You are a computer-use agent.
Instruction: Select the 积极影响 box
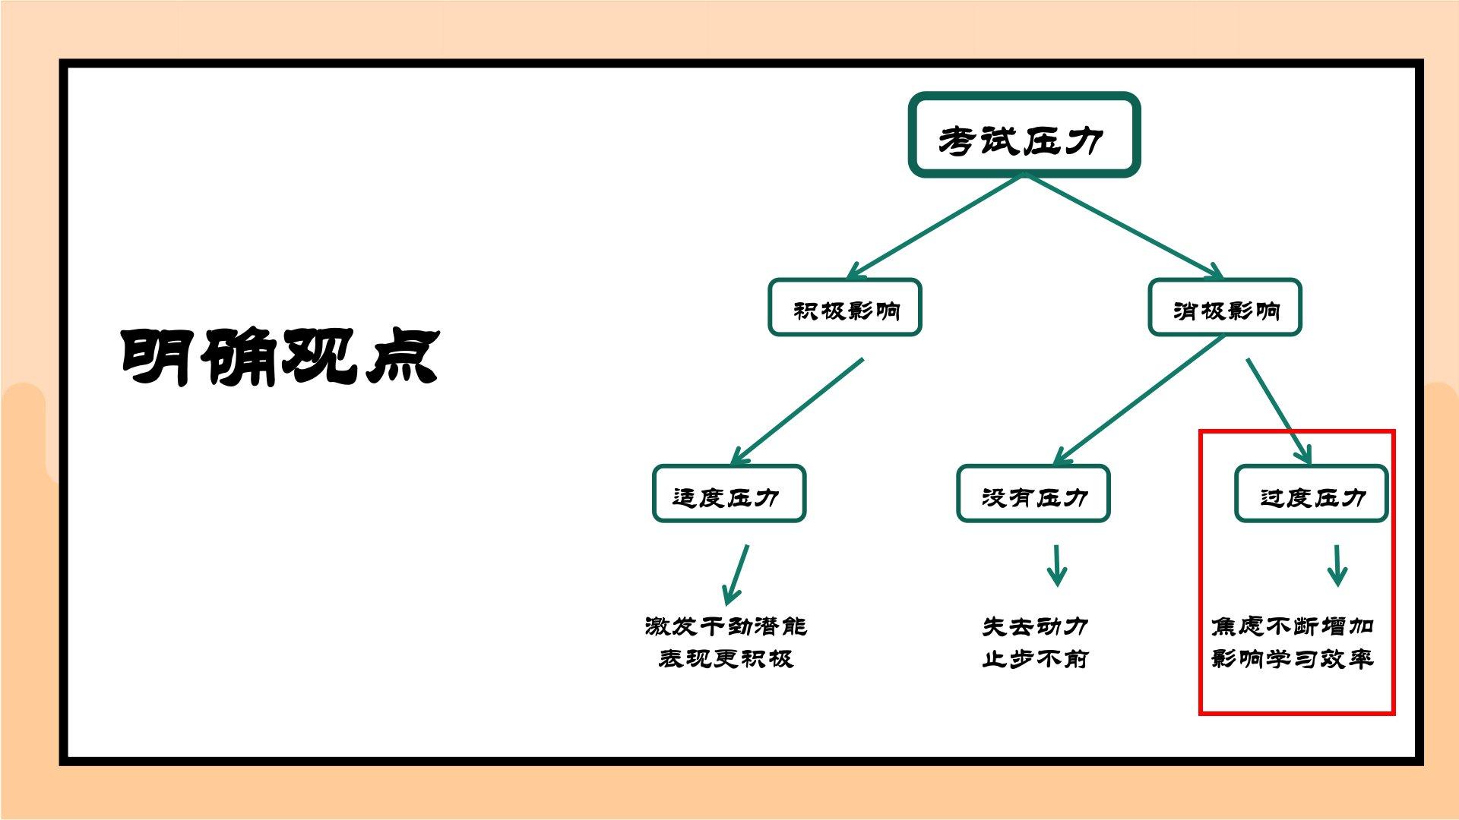(x=845, y=307)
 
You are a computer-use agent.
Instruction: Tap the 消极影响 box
(x=1225, y=307)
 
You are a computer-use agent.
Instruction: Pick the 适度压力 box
(x=729, y=494)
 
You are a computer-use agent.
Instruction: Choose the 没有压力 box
(x=1033, y=494)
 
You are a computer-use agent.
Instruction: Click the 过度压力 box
(x=1312, y=494)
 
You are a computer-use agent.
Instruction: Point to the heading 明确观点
(x=280, y=357)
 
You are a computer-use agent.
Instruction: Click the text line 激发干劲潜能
(x=726, y=626)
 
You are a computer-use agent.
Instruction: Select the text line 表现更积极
(x=726, y=658)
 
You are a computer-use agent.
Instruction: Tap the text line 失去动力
(x=1035, y=626)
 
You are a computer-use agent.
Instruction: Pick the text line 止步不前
(x=1035, y=658)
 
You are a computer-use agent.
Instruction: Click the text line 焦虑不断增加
(x=1292, y=626)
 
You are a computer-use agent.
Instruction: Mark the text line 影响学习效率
(x=1292, y=658)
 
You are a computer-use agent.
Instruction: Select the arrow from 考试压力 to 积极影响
(x=936, y=225)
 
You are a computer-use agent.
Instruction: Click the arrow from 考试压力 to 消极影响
(x=1123, y=225)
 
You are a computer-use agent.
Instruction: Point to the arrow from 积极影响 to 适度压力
(x=798, y=411)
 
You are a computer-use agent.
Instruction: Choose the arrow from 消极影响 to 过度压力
(x=1279, y=411)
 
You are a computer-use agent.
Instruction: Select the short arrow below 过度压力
(x=1337, y=566)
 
